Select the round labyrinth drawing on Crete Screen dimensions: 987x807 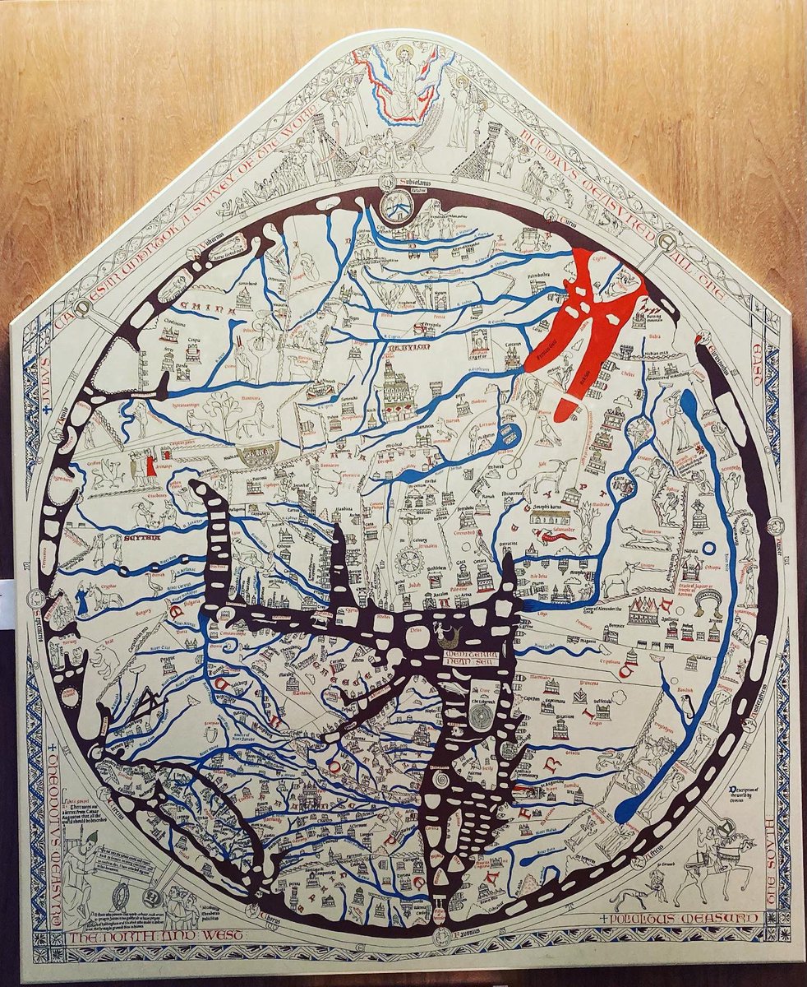coord(483,715)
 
